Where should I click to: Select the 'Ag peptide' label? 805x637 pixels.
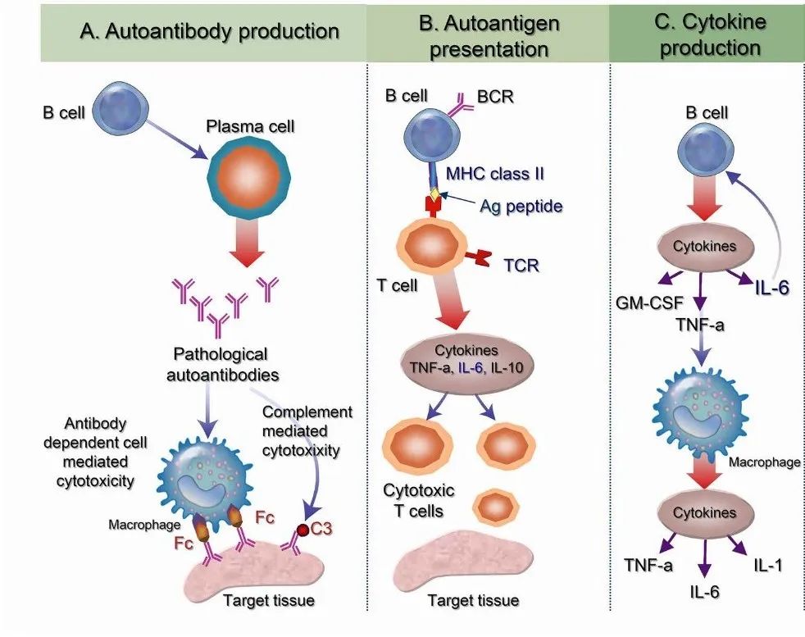[x=521, y=206]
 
